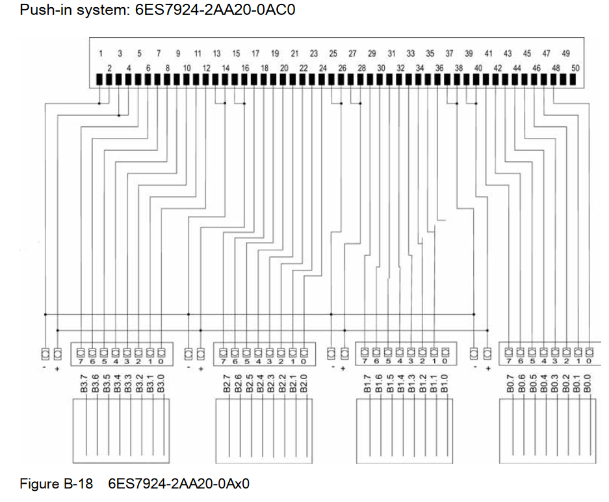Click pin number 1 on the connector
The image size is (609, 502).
point(101,53)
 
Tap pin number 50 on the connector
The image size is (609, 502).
point(575,68)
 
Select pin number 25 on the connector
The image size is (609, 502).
point(333,53)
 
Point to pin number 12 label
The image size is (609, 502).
point(206,68)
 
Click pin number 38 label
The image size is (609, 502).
point(459,68)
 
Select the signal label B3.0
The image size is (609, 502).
point(161,383)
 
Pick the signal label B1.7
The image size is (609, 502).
point(367,383)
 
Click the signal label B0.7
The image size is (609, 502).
point(511,383)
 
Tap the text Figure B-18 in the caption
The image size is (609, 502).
point(56,484)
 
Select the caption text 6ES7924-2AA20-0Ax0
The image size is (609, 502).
point(179,484)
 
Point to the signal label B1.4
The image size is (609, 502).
point(400,383)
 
